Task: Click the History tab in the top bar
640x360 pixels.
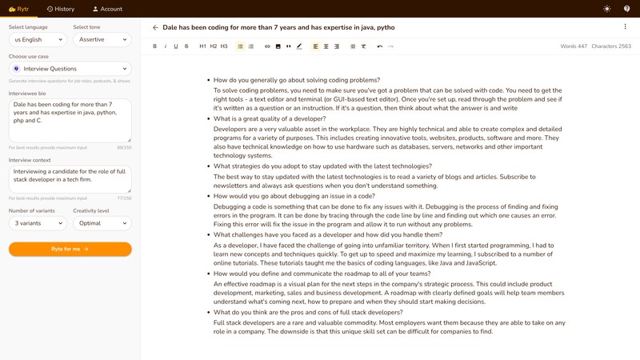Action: tap(61, 9)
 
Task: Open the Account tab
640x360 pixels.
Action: tap(107, 9)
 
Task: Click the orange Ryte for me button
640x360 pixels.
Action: tap(70, 249)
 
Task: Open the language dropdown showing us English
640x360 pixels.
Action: tap(38, 39)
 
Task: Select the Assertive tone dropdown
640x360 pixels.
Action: tap(102, 39)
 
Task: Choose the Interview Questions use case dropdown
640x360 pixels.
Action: tap(70, 69)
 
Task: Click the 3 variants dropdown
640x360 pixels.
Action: tap(38, 223)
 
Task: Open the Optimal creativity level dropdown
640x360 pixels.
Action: tap(102, 223)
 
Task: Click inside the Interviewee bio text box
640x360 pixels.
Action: tap(70, 120)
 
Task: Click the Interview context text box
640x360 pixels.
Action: tap(70, 178)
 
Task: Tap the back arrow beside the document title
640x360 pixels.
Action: tap(155, 27)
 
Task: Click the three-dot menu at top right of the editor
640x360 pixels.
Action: tap(626, 27)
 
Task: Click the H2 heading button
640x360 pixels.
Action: tap(214, 46)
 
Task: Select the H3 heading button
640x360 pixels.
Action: tap(224, 46)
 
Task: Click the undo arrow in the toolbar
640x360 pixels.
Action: tap(380, 46)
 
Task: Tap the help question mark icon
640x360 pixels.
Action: tap(627, 9)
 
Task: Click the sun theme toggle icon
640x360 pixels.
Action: tap(607, 9)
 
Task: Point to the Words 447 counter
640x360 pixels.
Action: tap(574, 46)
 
